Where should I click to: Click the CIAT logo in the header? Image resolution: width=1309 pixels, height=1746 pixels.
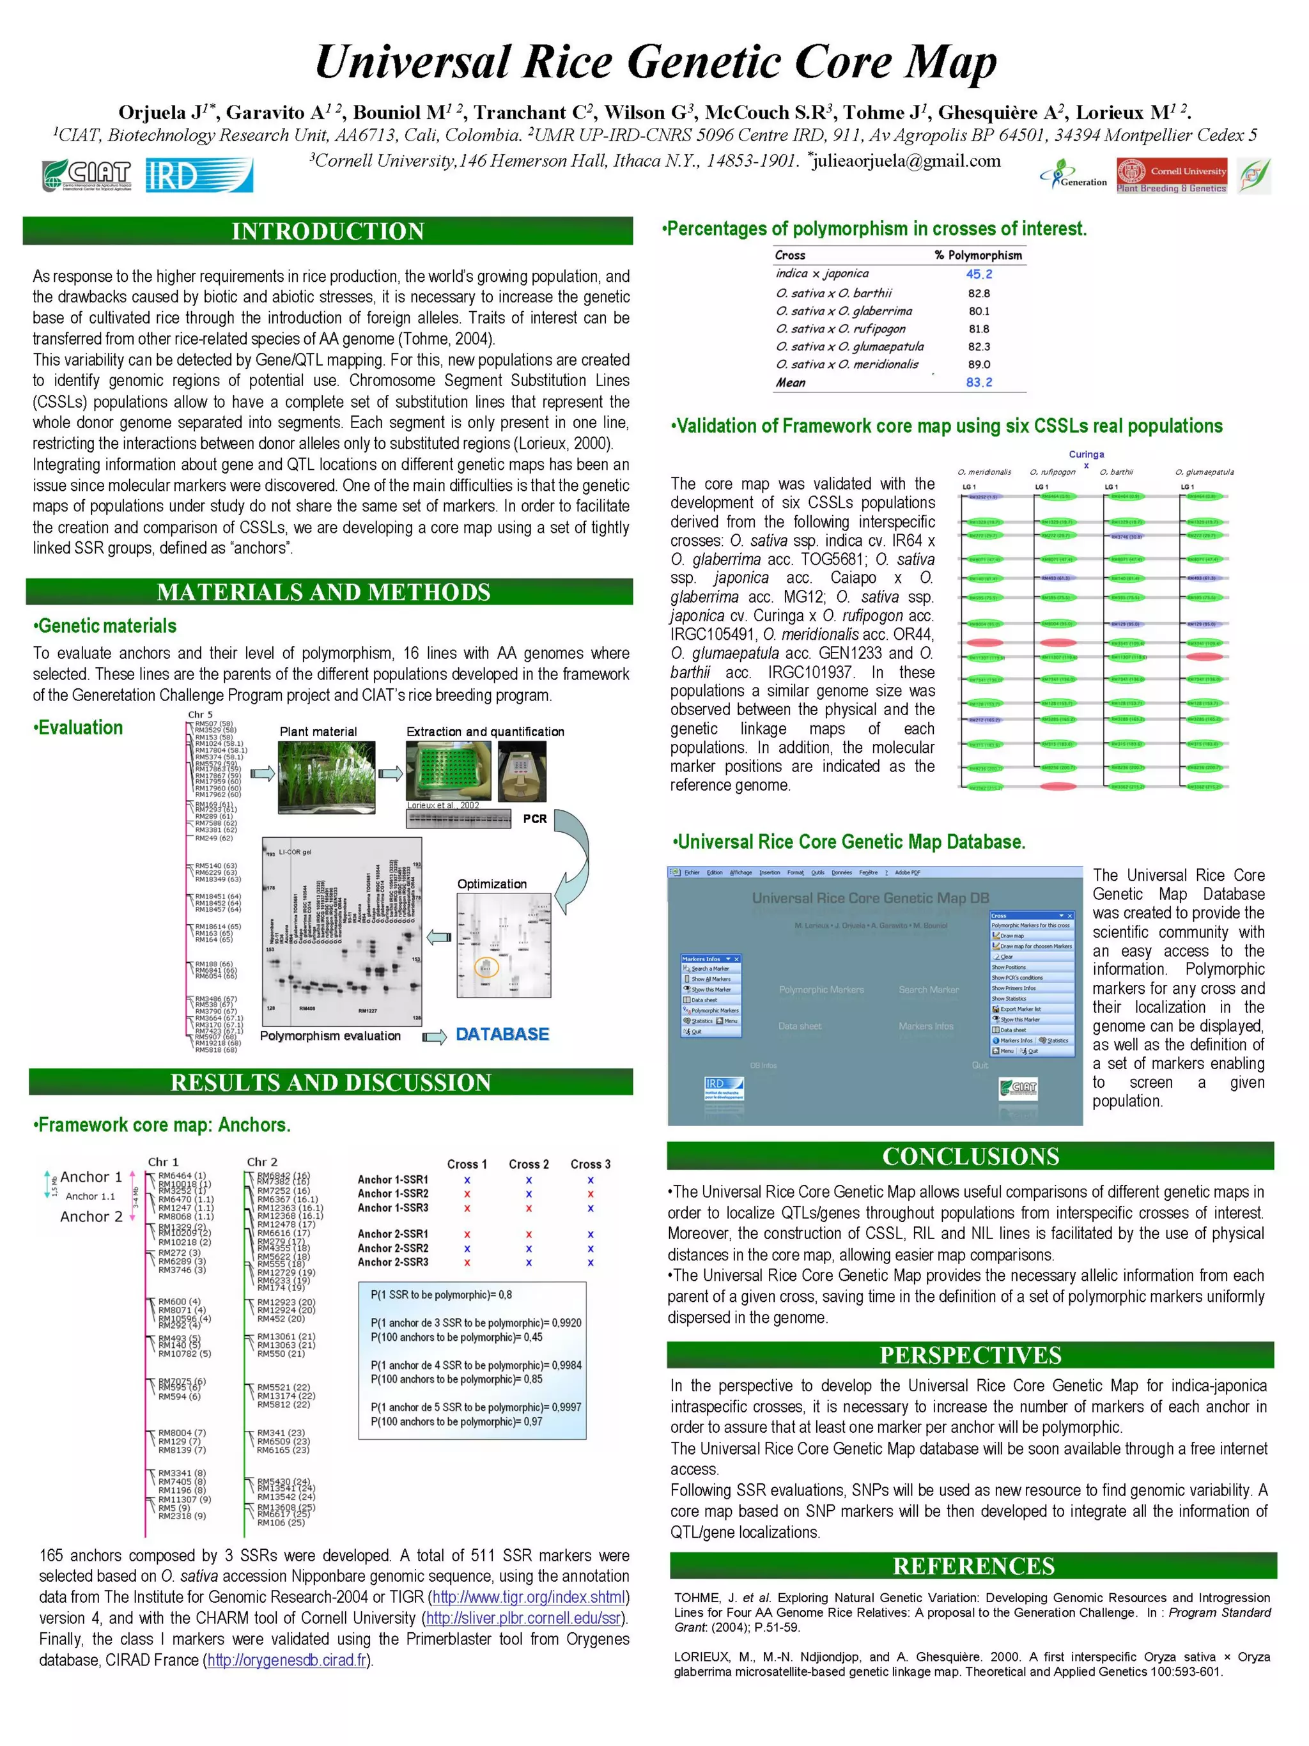87,175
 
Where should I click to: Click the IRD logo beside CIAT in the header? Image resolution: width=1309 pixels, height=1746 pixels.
199,175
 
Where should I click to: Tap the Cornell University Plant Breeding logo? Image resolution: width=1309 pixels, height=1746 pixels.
1171,176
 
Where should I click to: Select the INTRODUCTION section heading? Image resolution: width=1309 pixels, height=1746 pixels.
328,231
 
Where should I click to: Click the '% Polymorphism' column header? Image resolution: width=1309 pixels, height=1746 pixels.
977,255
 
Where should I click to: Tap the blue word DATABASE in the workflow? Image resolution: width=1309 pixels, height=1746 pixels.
502,1034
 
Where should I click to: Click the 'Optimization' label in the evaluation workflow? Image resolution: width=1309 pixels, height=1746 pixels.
492,884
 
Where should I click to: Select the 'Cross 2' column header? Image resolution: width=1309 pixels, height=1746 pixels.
528,1164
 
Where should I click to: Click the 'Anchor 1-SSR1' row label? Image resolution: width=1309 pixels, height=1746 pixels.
392,1180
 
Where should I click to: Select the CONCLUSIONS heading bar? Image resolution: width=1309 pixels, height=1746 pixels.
970,1156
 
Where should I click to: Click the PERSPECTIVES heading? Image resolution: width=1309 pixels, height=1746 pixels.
970,1356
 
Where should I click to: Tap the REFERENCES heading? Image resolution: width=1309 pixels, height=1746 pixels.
973,1566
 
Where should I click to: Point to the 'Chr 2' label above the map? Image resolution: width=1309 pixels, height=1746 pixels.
262,1162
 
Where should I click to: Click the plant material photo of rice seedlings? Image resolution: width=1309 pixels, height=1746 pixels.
326,776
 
